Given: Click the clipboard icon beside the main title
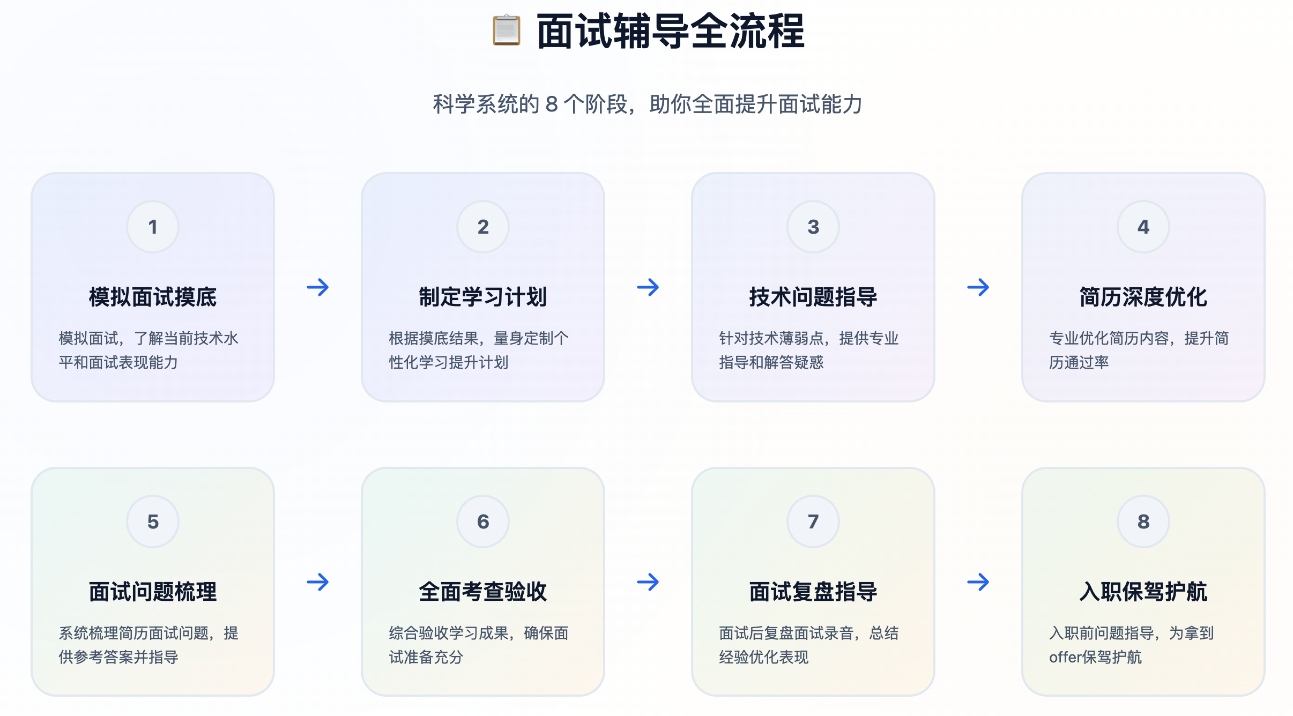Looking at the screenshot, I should point(506,31).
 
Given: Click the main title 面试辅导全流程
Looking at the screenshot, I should point(670,32).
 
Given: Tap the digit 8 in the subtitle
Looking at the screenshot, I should point(552,104).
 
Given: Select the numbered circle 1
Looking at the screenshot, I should point(153,227).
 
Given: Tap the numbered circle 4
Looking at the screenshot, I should point(1143,227).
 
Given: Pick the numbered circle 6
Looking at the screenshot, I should point(483,521).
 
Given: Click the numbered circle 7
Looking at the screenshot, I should point(813,521).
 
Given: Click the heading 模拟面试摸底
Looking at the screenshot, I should point(153,297).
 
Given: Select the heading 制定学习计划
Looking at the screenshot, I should point(483,297).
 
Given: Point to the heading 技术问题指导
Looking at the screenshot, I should point(813,297).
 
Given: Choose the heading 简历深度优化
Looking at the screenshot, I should point(1143,297).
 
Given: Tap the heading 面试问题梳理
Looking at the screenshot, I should point(153,592).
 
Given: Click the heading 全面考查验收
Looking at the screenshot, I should point(483,592).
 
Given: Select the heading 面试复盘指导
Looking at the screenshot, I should point(813,592).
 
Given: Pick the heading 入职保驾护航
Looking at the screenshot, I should point(1143,592).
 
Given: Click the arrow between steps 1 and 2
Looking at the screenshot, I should point(318,287).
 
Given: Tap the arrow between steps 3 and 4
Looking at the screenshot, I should point(978,287).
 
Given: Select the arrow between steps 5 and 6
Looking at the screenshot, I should point(318,582).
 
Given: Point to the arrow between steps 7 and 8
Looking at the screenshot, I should point(978,582).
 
